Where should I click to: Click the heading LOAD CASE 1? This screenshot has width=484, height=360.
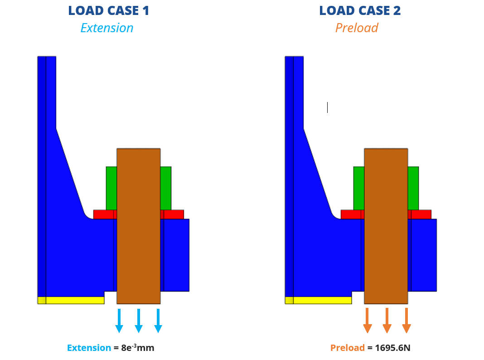108,10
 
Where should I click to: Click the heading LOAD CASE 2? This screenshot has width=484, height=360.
359,10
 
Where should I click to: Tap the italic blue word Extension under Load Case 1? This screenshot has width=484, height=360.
107,28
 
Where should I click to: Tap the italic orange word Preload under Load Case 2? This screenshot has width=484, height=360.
357,28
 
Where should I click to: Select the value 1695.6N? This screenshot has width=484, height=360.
392,348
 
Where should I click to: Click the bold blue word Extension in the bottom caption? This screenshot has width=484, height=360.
89,348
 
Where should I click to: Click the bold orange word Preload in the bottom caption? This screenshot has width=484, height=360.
347,348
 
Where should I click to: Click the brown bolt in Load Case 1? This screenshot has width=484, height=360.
138,227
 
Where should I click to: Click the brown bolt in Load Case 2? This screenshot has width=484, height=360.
386,227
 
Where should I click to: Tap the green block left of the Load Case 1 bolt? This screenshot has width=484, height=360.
111,188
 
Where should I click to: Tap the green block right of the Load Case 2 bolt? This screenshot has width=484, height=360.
413,188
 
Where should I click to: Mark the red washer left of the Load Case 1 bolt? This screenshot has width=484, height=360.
103,214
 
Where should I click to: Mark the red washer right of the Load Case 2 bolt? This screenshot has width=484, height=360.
421,214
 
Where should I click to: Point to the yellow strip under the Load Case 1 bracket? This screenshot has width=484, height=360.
75,300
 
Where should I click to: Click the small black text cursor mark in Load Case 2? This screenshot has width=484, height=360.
327,107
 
